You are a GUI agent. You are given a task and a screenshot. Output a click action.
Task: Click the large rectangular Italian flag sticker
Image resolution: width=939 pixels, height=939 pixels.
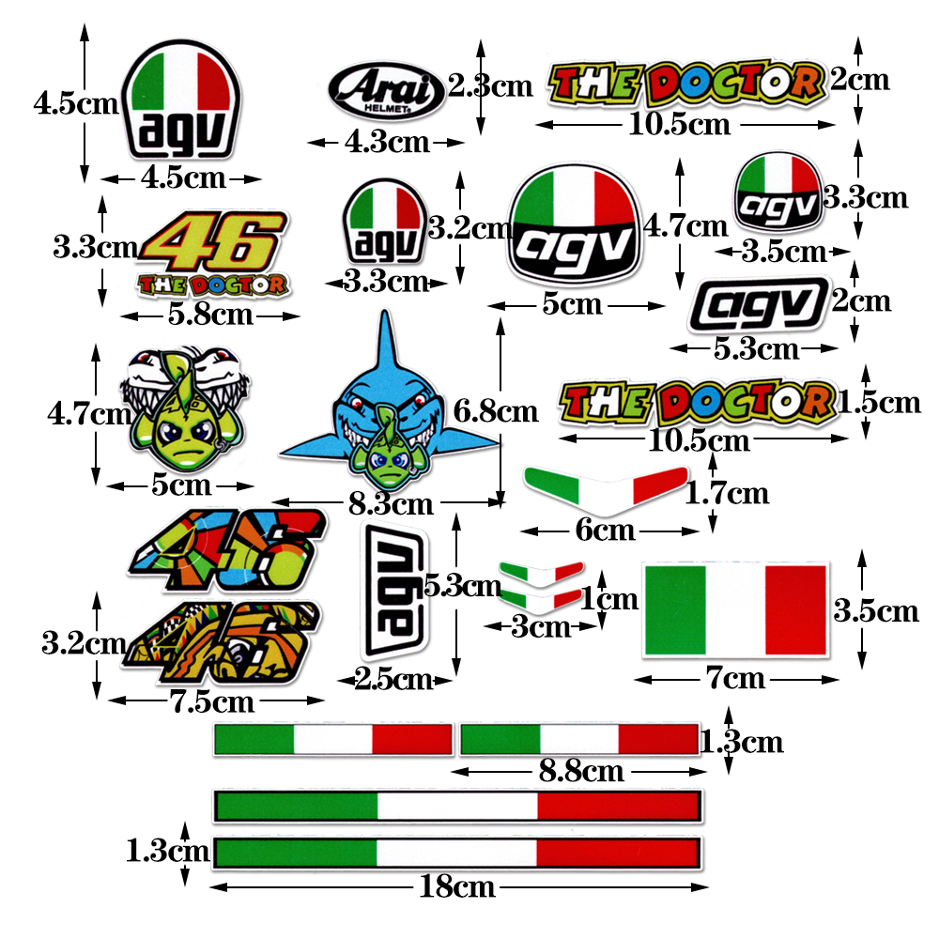735,609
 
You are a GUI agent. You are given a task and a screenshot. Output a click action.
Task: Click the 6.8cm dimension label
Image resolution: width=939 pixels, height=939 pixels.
495,410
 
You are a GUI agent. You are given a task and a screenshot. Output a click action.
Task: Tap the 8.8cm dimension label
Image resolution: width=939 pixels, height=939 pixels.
581,771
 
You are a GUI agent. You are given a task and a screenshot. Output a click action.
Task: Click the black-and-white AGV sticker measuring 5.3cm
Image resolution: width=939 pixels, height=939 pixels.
759,305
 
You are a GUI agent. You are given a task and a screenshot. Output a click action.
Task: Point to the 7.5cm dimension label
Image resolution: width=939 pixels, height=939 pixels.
213,700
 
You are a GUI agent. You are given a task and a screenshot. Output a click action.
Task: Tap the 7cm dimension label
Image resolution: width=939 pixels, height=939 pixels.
734,677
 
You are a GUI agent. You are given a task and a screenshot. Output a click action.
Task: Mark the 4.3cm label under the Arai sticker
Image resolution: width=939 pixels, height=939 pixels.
386,143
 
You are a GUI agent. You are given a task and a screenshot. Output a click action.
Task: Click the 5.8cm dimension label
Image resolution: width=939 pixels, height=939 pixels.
210,314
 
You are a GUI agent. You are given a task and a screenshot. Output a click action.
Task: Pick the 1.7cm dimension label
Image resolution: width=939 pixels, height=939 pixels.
727,492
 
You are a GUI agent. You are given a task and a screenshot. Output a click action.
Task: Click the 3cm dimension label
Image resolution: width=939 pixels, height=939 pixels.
541,626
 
